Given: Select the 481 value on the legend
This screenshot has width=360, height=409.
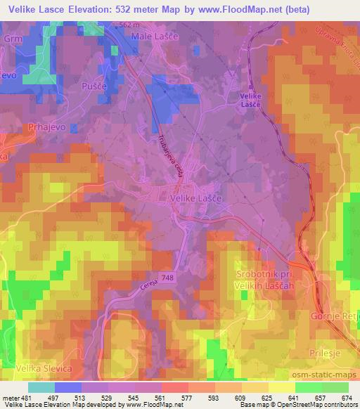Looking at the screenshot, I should tap(27, 397).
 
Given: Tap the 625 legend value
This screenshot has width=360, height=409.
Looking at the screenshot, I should tap(266, 397).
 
